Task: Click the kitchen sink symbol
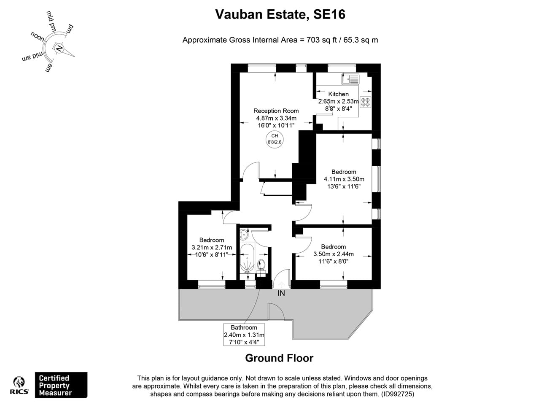(350, 79)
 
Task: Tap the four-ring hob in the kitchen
(365, 102)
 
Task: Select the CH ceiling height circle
(275, 139)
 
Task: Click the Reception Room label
(276, 111)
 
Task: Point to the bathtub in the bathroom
(247, 258)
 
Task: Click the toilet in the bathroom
(261, 265)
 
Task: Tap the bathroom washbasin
(244, 235)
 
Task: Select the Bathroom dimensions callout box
(244, 335)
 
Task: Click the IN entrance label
(281, 293)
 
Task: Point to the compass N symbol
(59, 49)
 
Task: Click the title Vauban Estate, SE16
(280, 14)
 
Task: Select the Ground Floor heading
(279, 358)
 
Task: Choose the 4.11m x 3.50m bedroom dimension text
(344, 179)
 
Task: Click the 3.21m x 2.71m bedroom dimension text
(212, 248)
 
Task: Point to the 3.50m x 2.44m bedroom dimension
(333, 254)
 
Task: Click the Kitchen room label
(339, 94)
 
